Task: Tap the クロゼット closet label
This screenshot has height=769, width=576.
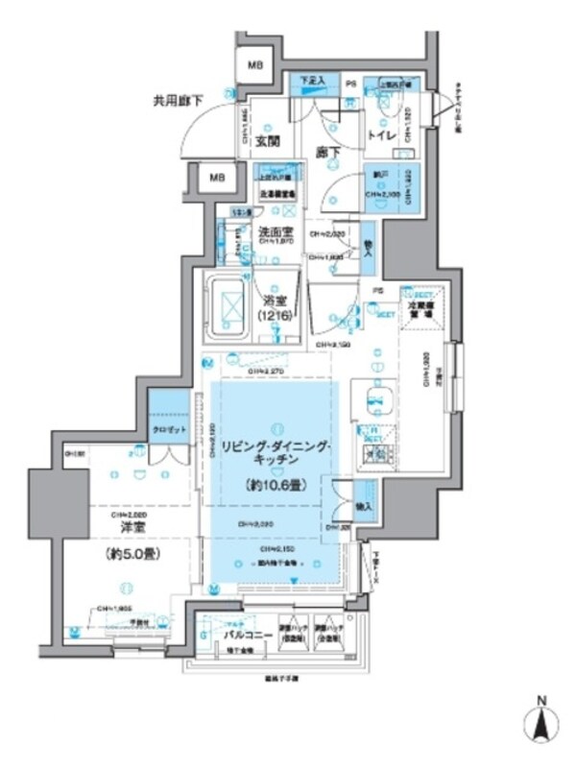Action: (170, 428)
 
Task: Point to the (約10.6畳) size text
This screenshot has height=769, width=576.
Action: (276, 486)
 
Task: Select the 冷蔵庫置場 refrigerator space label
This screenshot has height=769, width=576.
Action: (419, 309)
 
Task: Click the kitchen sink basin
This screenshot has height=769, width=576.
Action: (371, 396)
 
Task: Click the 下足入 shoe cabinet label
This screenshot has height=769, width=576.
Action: (310, 81)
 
